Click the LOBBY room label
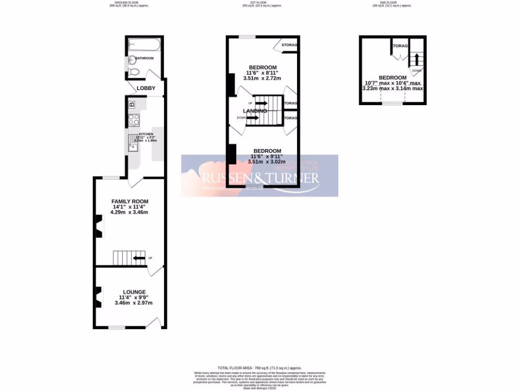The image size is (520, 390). (146, 88)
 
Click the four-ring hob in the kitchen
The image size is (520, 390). (134, 120)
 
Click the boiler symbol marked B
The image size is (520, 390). (132, 105)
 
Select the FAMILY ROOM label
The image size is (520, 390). (130, 202)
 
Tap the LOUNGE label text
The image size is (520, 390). (134, 291)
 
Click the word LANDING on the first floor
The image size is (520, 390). (255, 111)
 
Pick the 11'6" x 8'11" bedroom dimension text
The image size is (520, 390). (262, 73)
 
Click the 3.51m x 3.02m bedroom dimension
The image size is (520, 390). (267, 161)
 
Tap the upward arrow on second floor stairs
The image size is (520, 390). (417, 59)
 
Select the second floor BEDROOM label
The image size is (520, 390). (393, 77)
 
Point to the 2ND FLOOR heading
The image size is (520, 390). (393, 3)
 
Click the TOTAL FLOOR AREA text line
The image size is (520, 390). (259, 368)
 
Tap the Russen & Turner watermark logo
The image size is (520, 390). (261, 177)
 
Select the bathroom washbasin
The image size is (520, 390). (132, 60)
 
